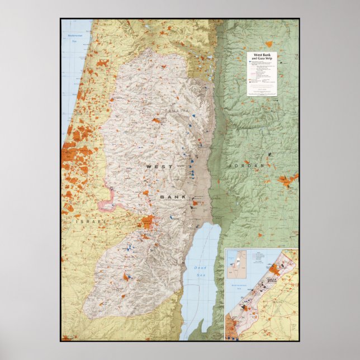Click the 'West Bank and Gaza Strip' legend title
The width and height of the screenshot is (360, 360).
[x=262, y=56]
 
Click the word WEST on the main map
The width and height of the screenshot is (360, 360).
[x=156, y=167]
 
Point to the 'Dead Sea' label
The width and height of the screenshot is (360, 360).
[x=200, y=270]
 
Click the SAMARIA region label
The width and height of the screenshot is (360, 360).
[x=173, y=112]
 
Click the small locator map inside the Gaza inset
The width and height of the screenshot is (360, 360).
[x=236, y=264]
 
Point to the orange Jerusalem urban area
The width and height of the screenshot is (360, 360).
[x=148, y=221]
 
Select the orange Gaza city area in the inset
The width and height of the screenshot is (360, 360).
[x=273, y=269]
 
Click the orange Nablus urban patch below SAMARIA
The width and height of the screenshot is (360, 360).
[x=157, y=120]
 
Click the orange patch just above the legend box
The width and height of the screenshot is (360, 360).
[x=269, y=44]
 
